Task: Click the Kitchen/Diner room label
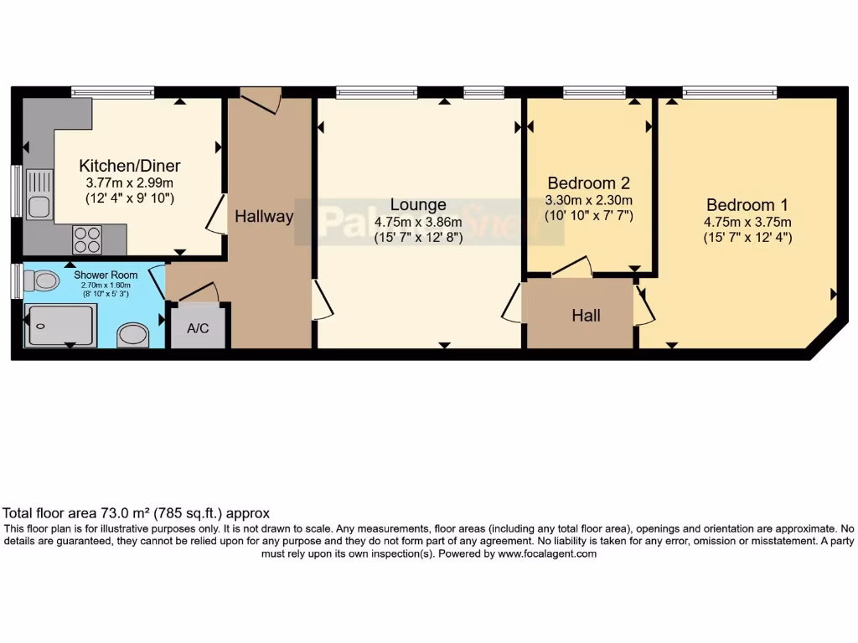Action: (x=129, y=166)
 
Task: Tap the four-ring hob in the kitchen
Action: (x=87, y=240)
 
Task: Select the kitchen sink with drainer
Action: (x=39, y=194)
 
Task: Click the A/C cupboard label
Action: (x=198, y=329)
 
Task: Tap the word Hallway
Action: (x=264, y=217)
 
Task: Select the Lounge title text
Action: (x=418, y=205)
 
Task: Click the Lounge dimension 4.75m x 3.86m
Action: (x=418, y=222)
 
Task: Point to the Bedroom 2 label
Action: (x=588, y=183)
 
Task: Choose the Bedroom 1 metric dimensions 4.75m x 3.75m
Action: (x=747, y=222)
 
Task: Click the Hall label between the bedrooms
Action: (x=586, y=316)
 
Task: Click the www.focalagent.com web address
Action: (x=546, y=553)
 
